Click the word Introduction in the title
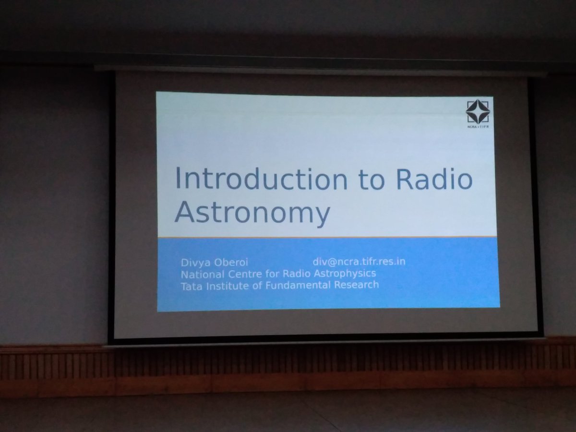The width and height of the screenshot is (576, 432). (260, 179)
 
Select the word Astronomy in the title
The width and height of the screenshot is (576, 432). (252, 213)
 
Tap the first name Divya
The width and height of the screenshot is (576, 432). (194, 263)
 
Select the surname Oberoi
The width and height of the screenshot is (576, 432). (231, 263)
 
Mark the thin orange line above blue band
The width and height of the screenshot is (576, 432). (326, 237)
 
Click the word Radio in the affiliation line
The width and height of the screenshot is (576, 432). (289, 274)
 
